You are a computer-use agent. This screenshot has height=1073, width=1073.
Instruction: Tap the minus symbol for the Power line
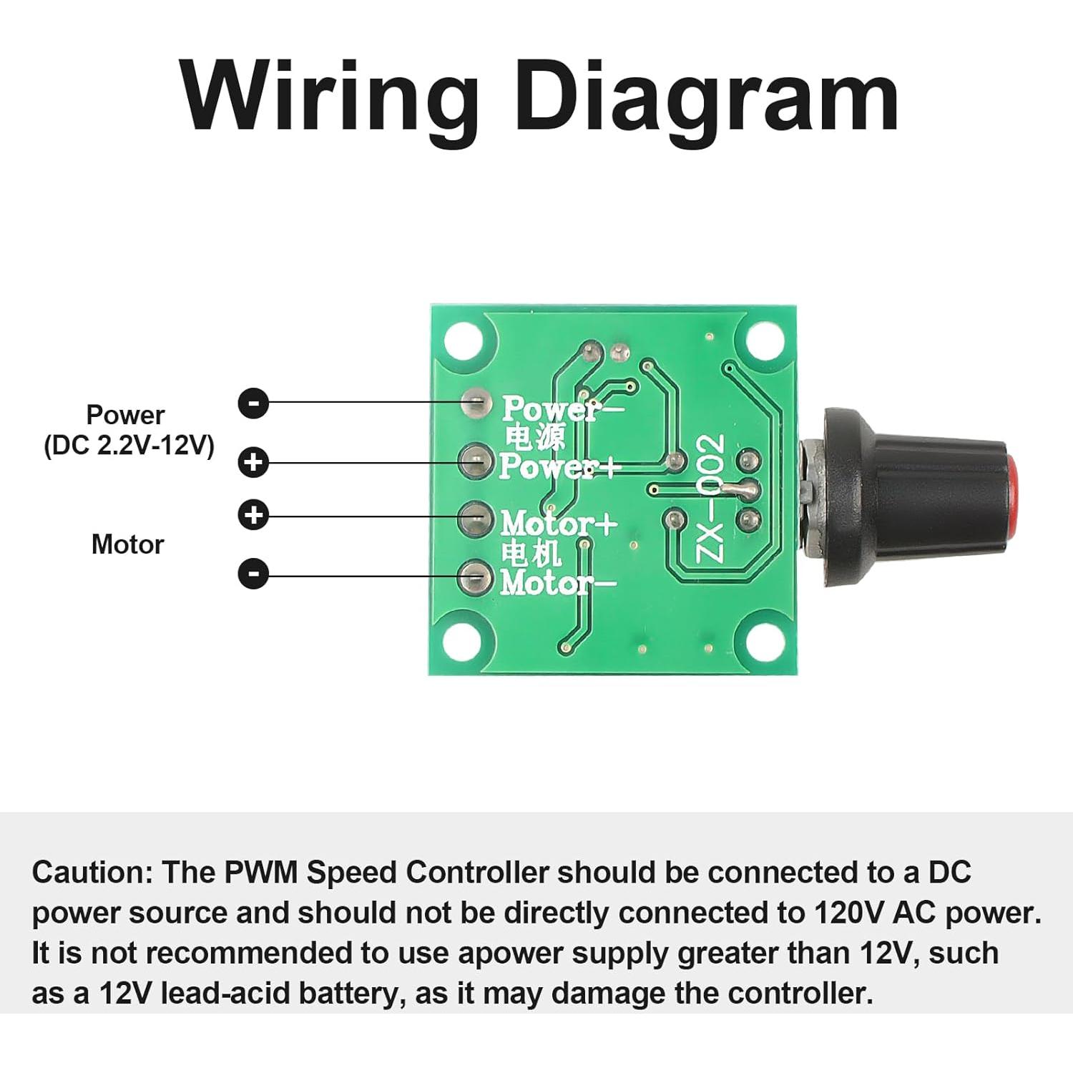click(253, 403)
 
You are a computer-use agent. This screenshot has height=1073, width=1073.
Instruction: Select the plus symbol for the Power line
click(253, 462)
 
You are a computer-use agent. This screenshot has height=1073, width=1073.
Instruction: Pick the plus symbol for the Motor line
click(253, 515)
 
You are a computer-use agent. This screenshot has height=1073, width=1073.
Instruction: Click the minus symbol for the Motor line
click(253, 574)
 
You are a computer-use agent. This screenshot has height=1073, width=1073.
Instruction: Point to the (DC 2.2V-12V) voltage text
click(129, 446)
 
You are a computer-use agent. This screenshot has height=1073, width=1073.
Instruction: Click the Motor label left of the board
click(127, 545)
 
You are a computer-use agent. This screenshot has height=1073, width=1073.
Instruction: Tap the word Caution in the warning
click(92, 873)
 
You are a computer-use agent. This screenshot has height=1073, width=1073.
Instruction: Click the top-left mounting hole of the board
click(464, 340)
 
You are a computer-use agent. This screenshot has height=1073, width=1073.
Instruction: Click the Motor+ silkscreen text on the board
click(558, 524)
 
